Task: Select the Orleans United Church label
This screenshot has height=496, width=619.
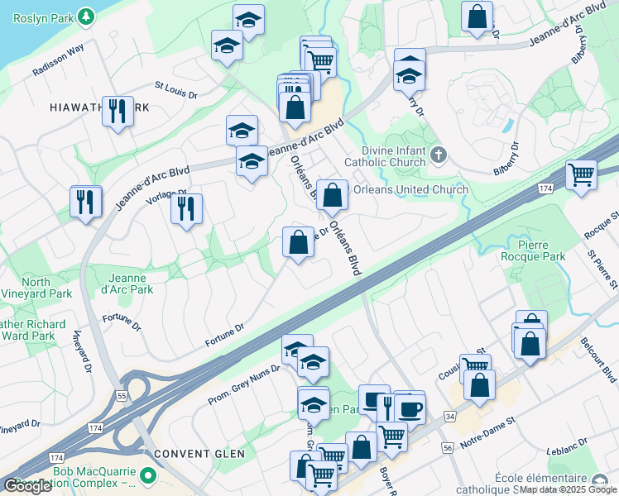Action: (410, 189)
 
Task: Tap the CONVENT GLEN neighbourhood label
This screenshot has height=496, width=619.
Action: (186, 453)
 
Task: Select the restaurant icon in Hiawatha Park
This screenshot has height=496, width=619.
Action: (118, 110)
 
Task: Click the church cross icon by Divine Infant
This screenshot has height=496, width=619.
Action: (439, 154)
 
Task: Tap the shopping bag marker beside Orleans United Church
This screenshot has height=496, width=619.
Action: (332, 196)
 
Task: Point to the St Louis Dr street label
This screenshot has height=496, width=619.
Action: (176, 89)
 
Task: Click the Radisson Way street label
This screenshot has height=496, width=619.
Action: (59, 61)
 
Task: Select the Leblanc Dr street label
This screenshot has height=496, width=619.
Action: (566, 451)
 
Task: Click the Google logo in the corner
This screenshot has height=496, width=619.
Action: (27, 486)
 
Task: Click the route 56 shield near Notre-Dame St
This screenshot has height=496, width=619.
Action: (448, 447)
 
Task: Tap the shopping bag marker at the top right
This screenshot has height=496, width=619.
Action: (477, 16)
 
